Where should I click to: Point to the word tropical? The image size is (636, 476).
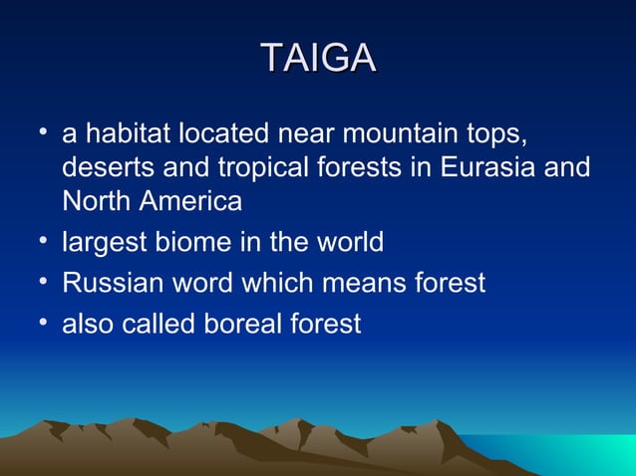click(263, 168)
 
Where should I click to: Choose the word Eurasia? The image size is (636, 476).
click(487, 167)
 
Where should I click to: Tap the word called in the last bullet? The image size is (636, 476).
click(161, 324)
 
